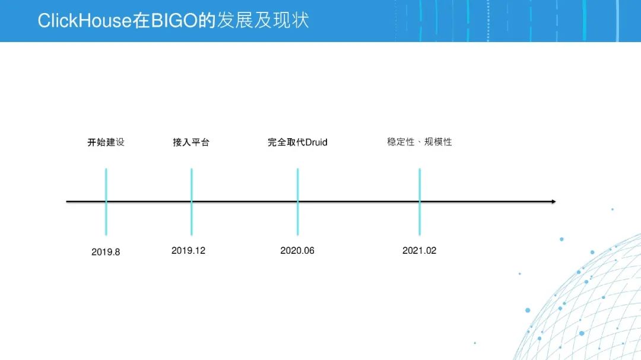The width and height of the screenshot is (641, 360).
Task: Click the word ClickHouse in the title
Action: [85, 20]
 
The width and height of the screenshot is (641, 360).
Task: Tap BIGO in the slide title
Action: [174, 20]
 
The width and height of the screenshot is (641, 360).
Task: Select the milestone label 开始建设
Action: [106, 142]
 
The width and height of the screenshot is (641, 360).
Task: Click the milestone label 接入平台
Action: [191, 142]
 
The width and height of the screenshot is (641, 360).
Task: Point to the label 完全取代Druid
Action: [297, 142]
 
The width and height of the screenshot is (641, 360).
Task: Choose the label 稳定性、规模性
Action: [420, 142]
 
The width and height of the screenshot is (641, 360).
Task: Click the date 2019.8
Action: [106, 251]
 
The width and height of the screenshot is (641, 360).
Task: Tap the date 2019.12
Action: [189, 250]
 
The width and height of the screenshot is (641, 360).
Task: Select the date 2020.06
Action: [297, 250]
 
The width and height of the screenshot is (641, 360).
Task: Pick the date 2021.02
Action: [420, 250]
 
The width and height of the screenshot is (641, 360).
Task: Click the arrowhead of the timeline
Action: [553, 202]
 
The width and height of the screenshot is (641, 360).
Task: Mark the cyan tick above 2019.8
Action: [106, 202]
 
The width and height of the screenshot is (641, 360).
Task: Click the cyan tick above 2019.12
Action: [191, 202]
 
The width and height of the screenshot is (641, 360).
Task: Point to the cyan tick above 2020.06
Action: [297, 202]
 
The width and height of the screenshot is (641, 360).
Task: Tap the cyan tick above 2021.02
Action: [420, 202]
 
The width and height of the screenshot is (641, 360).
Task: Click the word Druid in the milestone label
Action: [316, 142]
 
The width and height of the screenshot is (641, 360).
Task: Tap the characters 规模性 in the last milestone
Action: [438, 142]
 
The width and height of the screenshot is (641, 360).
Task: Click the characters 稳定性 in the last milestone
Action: [401, 142]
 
